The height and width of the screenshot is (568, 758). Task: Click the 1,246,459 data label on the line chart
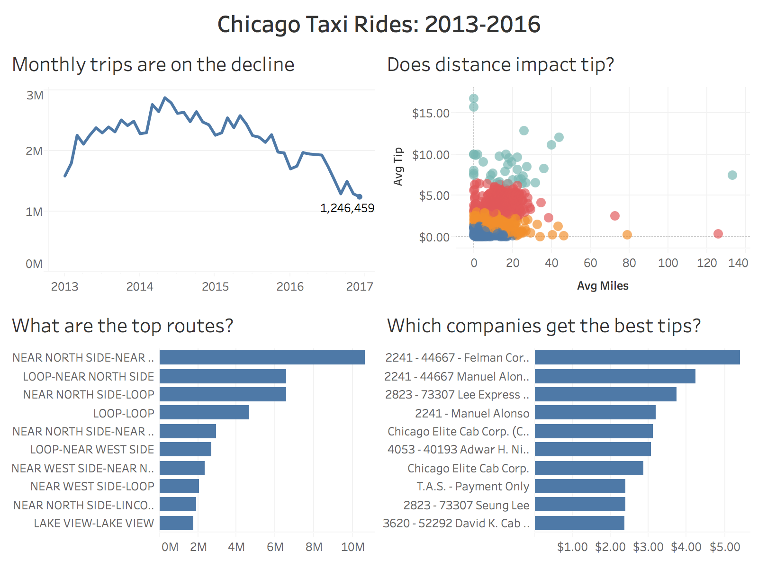point(347,208)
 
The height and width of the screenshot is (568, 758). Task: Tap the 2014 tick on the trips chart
point(140,286)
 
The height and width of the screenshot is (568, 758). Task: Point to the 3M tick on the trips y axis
point(35,96)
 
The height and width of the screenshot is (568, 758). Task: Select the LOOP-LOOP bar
point(204,412)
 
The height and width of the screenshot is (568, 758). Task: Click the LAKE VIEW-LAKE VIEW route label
point(94,523)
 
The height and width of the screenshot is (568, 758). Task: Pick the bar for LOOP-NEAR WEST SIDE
point(185,449)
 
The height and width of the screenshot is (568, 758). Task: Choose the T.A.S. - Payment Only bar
point(580,486)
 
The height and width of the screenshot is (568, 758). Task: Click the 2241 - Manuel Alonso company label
point(472,413)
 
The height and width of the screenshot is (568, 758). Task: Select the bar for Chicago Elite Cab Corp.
point(589,468)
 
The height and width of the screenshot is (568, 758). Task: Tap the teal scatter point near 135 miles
point(732,175)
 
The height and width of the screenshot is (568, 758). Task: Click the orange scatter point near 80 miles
point(627,235)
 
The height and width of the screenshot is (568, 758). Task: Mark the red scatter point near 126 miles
point(718,234)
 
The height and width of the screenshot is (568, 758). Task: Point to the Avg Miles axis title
point(603,286)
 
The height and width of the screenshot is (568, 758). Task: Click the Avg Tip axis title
point(398,166)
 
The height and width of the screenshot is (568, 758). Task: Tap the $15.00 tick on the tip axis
point(431,113)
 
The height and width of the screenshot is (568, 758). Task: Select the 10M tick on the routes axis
point(353,547)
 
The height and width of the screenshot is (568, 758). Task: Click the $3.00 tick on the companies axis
point(648,547)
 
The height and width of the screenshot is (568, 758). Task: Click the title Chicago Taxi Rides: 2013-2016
point(379,25)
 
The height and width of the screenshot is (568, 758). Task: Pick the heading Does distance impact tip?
point(500,65)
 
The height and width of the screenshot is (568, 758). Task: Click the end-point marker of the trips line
point(360,197)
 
